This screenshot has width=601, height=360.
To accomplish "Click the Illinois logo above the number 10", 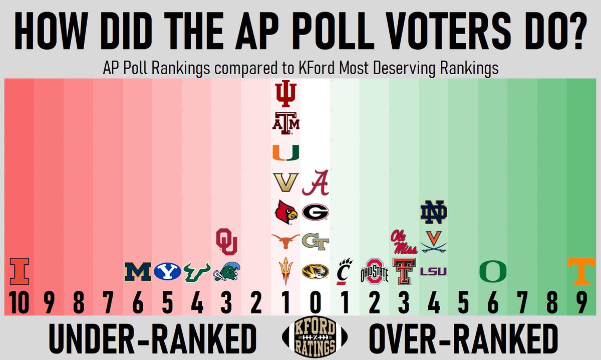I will click(x=19, y=271).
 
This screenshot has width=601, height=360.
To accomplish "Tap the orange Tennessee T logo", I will click(x=581, y=271).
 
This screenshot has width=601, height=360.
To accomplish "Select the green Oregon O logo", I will click(x=493, y=272).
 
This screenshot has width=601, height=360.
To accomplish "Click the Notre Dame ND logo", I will click(x=434, y=212).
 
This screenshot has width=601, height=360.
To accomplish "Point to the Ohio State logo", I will click(x=374, y=271).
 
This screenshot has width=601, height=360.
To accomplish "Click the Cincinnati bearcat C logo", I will click(x=345, y=271).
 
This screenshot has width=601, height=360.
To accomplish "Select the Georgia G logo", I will click(x=316, y=212).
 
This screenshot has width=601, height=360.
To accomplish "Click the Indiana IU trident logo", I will click(x=286, y=94).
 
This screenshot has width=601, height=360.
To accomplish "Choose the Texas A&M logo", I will click(x=286, y=121).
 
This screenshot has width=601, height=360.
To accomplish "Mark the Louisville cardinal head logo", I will click(x=286, y=212).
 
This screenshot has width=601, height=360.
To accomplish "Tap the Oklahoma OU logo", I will click(x=226, y=240).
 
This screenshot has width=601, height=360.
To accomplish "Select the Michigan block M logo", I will click(x=137, y=271).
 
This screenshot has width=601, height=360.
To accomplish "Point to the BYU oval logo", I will click(x=167, y=271).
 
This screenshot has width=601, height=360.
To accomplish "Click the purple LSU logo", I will click(x=434, y=272).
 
